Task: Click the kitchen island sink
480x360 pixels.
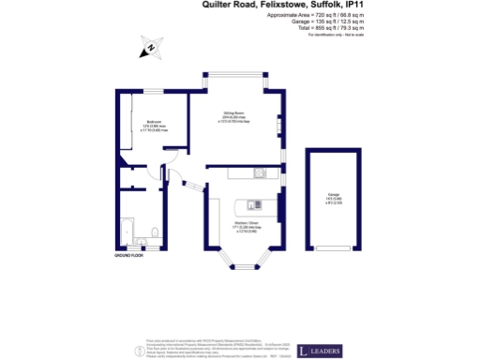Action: (x=249, y=202)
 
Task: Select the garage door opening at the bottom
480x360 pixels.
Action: (x=332, y=251)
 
